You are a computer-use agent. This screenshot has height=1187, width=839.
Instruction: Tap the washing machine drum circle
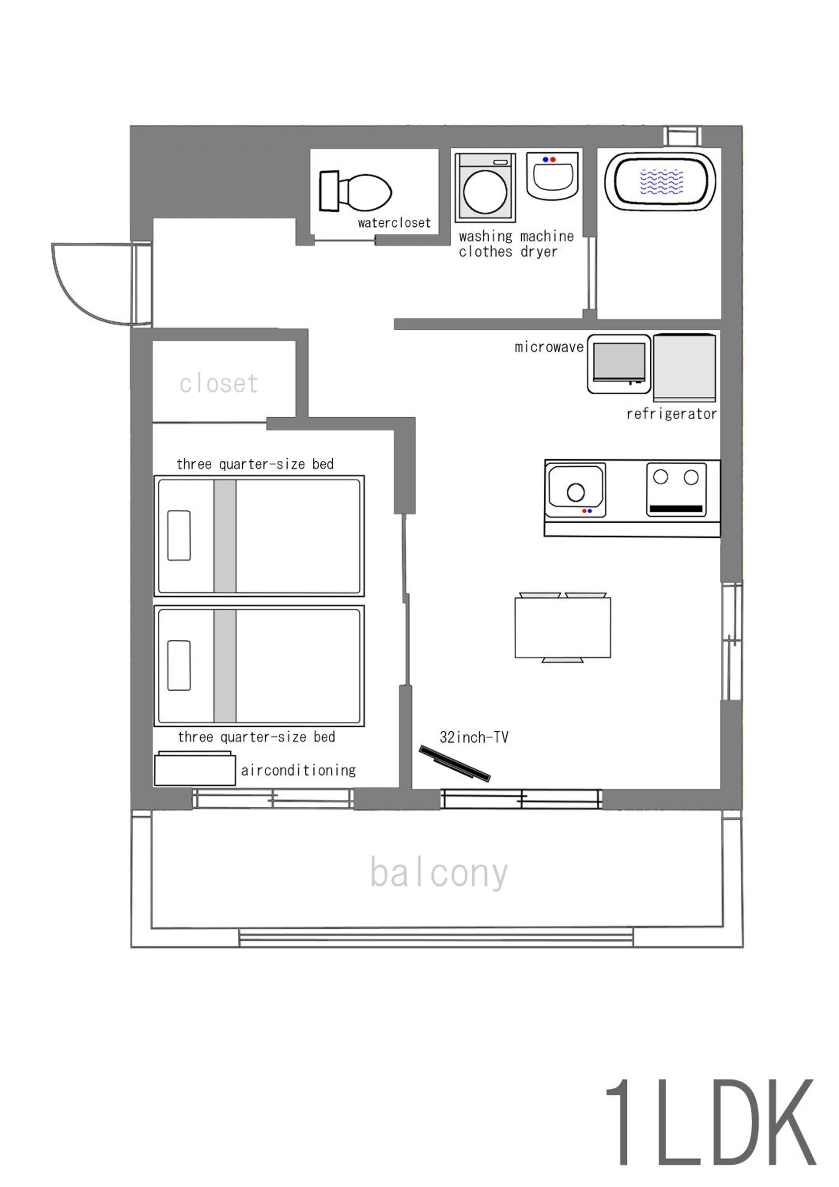(x=485, y=191)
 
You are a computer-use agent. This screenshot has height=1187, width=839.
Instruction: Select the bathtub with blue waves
(x=660, y=182)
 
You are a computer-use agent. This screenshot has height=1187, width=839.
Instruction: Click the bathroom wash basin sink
(x=552, y=176)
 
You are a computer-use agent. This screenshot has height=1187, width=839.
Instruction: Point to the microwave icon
(x=618, y=364)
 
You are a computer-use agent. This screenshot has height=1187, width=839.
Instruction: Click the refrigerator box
(x=684, y=367)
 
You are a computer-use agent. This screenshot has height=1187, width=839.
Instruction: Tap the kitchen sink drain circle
(x=576, y=492)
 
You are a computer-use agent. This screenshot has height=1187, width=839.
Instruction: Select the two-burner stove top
(x=676, y=489)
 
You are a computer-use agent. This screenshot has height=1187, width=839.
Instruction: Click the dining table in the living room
(x=563, y=628)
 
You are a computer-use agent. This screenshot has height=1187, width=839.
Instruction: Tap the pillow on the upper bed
(x=179, y=536)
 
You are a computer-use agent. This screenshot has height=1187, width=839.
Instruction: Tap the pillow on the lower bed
(x=179, y=666)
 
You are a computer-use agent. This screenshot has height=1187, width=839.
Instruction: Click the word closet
(x=219, y=384)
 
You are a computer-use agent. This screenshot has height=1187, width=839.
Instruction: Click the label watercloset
(x=394, y=223)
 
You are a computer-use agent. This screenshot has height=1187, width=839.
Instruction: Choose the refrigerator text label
(x=671, y=413)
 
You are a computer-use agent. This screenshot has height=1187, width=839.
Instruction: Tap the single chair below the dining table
(x=563, y=660)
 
